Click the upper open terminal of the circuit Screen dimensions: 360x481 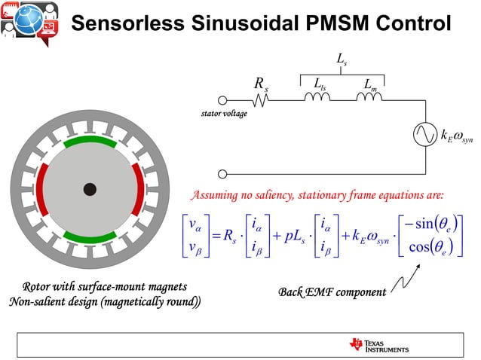222,100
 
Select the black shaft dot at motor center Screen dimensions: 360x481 90,189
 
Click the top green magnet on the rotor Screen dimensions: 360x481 90,142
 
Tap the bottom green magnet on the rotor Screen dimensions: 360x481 90,237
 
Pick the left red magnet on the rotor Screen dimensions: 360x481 42,188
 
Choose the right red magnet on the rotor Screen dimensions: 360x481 137,188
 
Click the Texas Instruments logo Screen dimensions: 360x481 379,345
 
